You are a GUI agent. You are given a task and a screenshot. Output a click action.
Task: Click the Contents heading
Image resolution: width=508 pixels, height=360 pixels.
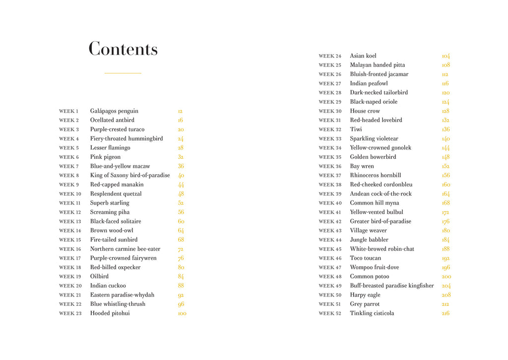pos(123,49)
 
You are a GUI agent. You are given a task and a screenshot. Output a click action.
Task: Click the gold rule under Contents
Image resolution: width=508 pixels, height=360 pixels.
pos(123,73)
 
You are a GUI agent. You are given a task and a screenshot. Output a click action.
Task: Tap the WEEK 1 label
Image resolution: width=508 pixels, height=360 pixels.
pos(69,111)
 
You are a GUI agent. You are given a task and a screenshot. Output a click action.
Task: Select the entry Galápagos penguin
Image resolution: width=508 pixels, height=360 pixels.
pos(114,111)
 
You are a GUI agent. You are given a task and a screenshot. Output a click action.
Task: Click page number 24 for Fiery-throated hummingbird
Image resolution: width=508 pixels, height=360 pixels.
pos(181,139)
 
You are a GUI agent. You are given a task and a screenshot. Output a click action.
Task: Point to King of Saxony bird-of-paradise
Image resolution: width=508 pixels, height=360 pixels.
pos(130,175)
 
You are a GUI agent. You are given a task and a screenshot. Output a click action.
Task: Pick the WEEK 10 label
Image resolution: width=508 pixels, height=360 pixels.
pos(70,194)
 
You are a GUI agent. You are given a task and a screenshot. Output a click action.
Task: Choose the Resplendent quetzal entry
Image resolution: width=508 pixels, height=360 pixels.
pos(116,194)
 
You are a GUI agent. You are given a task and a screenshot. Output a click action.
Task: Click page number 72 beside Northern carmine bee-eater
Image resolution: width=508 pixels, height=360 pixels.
pos(181,249)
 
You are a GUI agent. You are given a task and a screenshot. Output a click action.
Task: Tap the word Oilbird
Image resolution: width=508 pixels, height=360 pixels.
pos(99,277)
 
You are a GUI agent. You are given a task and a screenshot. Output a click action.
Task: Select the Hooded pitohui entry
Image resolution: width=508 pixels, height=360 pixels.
pos(110,313)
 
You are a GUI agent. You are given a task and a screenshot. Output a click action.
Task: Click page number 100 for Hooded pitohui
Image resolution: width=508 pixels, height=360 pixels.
pos(182,313)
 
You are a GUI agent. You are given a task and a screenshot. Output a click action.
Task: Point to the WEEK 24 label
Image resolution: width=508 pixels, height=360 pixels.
pos(330,56)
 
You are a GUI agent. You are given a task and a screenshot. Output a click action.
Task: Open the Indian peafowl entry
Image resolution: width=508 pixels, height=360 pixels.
pos(369,83)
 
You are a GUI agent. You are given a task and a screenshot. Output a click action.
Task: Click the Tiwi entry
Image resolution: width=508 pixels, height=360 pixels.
pos(356,130)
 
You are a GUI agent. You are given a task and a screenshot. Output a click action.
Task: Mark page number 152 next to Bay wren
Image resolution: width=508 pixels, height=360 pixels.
pos(445,166)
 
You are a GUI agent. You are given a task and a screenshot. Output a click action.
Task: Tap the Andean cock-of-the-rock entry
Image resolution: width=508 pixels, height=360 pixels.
pos(381,194)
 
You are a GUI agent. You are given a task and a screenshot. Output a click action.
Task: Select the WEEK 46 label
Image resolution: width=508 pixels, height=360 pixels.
pos(330,258)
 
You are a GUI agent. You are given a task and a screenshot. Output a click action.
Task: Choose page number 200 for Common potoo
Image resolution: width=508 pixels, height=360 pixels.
pos(446,277)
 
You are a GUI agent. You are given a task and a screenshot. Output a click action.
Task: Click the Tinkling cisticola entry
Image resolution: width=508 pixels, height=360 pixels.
pos(372,313)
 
